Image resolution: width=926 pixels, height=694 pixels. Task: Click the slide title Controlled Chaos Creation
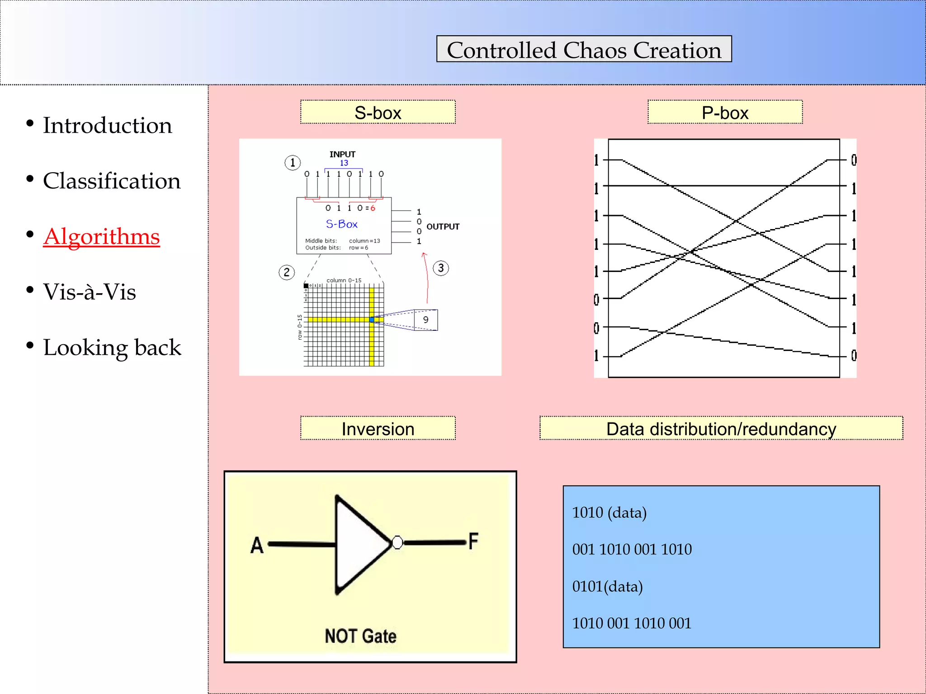(584, 49)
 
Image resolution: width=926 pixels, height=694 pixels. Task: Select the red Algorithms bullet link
(101, 236)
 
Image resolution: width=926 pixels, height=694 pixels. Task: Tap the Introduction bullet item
(107, 125)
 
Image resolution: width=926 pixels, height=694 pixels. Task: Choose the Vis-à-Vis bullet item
(89, 291)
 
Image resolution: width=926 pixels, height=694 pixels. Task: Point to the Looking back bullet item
(112, 347)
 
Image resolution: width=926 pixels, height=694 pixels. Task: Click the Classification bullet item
(111, 181)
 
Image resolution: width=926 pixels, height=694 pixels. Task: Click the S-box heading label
(378, 113)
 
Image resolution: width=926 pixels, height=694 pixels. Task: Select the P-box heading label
(725, 113)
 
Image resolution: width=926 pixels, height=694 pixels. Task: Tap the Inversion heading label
(378, 428)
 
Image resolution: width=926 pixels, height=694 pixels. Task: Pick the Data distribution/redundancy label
(721, 428)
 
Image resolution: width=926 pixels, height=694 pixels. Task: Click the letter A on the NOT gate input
(257, 545)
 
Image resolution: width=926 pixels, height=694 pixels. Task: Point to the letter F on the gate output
(473, 541)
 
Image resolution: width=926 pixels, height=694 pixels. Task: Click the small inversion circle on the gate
(397, 542)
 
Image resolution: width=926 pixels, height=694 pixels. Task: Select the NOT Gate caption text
(360, 636)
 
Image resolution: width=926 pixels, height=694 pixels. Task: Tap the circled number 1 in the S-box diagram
(293, 163)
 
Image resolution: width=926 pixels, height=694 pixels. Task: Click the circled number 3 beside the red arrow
(441, 268)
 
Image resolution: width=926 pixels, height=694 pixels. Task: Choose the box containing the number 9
(426, 320)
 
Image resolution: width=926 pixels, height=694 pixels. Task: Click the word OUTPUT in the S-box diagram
(443, 227)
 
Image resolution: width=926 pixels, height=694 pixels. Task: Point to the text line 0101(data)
(607, 586)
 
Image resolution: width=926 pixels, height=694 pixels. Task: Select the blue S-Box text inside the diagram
(341, 224)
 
